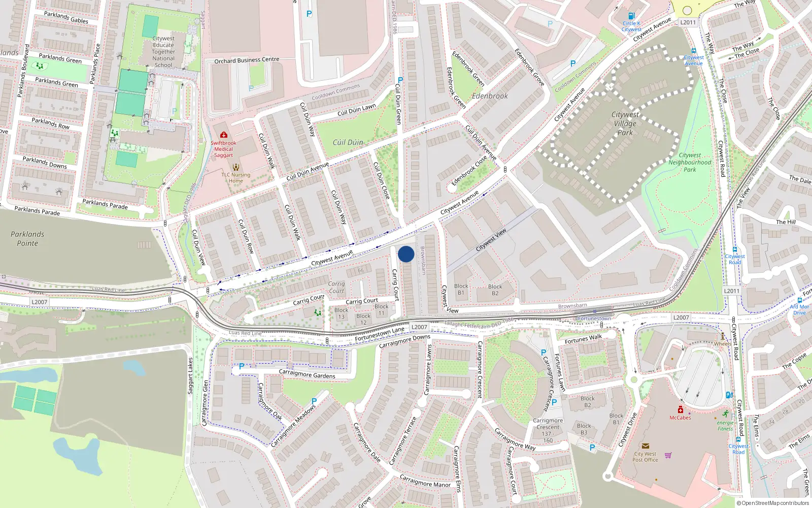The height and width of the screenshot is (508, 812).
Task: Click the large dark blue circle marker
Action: pos(406,254)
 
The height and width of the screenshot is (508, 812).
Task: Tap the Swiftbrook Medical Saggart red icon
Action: pos(223,135)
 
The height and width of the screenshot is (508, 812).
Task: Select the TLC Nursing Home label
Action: pos(236,177)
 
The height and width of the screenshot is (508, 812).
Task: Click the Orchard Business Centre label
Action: pos(247,60)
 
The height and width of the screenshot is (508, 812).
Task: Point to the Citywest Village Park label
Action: pos(625,123)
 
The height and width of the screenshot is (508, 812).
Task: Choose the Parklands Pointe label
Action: pos(27,239)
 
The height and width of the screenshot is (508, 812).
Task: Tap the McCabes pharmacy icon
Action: pos(681,410)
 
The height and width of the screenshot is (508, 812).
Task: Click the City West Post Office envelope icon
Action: pos(646,446)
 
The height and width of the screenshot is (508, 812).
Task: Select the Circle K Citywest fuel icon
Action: pos(631,16)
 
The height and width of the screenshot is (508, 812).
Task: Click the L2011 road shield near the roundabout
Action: pos(688,22)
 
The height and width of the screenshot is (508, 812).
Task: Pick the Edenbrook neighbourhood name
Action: pos(490,96)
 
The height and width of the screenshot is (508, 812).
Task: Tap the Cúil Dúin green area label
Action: pos(348,142)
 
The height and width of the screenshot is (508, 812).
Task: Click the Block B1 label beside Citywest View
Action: pos(461,290)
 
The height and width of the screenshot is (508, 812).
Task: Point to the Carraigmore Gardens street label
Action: pos(307,374)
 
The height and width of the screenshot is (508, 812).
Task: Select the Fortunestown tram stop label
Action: pos(594,319)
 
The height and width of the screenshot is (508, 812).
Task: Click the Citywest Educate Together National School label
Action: pos(163,52)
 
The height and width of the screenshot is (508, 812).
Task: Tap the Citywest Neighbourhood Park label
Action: pos(690,163)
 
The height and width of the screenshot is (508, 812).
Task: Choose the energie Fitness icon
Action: pos(726,414)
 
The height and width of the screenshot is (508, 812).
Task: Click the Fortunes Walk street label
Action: pos(583,339)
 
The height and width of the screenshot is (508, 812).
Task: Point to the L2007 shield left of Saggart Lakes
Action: pos(40,302)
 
